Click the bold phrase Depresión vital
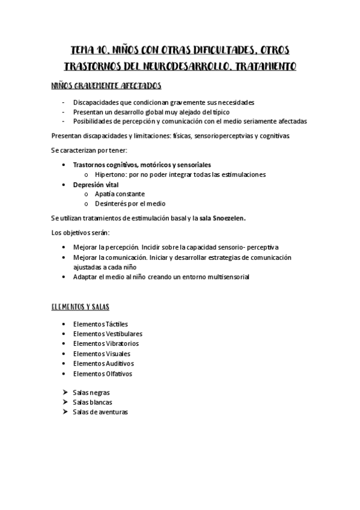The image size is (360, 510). (x=96, y=184)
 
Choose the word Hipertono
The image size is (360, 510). (x=109, y=174)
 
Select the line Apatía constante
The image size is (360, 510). (x=119, y=194)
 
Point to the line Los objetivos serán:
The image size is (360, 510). (x=81, y=232)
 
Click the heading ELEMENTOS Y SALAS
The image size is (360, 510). (x=80, y=307)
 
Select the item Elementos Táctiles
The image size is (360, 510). (x=100, y=324)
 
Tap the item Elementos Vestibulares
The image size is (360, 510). (x=108, y=334)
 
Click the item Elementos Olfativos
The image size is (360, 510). (x=102, y=373)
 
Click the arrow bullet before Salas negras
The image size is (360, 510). (x=64, y=392)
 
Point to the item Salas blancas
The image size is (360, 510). (x=92, y=402)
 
